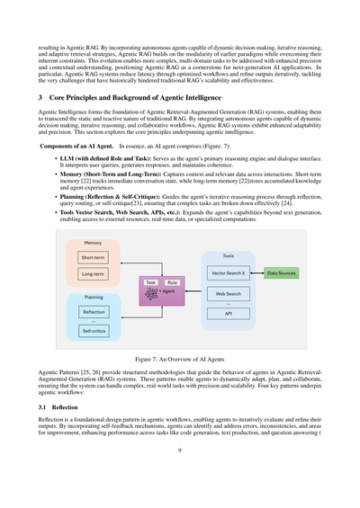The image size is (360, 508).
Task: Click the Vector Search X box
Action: (x=229, y=272)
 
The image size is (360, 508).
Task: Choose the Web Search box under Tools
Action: (x=229, y=294)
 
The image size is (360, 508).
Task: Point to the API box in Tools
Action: (x=229, y=314)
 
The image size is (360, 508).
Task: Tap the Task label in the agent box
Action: (x=151, y=282)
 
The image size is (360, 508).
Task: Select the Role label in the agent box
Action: (x=172, y=282)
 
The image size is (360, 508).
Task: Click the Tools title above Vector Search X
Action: (x=229, y=256)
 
